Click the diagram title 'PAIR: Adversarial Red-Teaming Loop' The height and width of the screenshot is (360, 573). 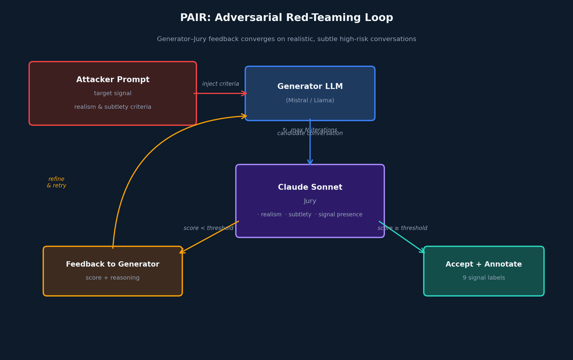286,18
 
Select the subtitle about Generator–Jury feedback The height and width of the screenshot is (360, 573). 286,39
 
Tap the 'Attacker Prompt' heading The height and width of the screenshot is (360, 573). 113,80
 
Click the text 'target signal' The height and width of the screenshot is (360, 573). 113,93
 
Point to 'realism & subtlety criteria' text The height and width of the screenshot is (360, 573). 113,107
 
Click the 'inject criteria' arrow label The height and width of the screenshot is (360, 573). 221,84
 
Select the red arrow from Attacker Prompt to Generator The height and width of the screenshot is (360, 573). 220,93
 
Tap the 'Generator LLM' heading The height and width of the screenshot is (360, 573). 310,87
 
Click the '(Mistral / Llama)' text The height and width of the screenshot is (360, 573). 310,100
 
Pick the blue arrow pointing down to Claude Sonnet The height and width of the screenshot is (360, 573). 310,148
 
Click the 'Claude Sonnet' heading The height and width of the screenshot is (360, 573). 310,187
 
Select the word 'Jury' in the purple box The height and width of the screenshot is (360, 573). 310,201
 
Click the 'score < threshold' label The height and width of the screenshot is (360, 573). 208,228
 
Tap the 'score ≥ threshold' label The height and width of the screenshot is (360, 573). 402,228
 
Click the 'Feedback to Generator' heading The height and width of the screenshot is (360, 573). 113,265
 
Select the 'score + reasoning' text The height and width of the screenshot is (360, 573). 113,278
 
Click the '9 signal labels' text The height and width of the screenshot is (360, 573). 484,278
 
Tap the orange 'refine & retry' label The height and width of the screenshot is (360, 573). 56,182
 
